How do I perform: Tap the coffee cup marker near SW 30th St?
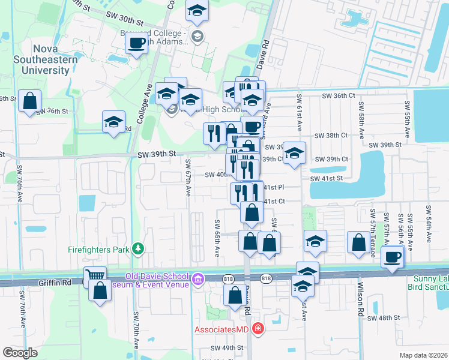tap(137, 43)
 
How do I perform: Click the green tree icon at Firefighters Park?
tap(138, 248)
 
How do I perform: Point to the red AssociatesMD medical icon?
tap(258, 328)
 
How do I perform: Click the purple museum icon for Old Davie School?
tap(198, 279)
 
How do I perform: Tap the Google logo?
tap(20, 352)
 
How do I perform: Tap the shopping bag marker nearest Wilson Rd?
tap(358, 242)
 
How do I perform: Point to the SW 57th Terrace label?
tap(373, 234)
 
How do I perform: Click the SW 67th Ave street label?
tap(188, 178)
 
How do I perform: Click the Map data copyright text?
tap(423, 355)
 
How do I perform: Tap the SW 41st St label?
tap(326, 179)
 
